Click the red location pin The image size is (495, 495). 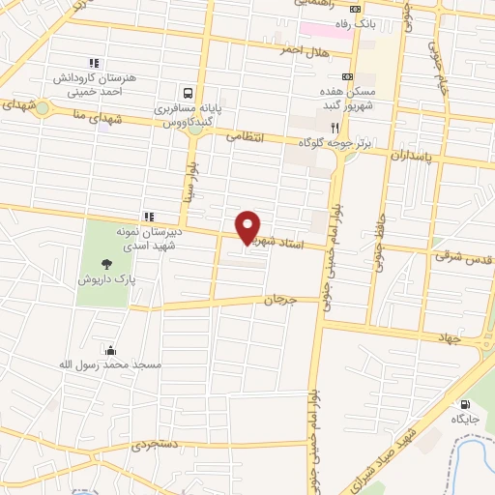click(248, 227)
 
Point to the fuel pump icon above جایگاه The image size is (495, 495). click(467, 404)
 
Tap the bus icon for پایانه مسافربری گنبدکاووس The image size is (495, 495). click(169, 95)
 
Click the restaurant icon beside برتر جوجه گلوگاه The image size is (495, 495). click(335, 127)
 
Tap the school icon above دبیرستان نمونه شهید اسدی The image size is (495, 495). click(149, 216)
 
